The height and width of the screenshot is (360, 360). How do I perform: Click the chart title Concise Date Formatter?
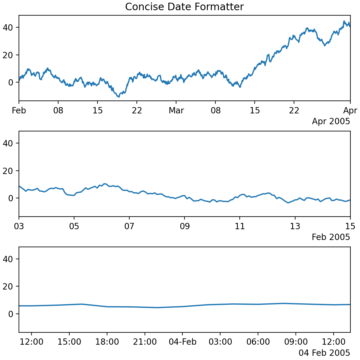[184, 7]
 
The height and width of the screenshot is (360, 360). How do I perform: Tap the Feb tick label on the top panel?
[19, 111]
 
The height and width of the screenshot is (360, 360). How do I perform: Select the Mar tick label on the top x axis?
[176, 111]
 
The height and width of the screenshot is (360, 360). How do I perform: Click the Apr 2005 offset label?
[331, 121]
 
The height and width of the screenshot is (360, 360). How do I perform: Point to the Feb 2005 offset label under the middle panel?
[331, 237]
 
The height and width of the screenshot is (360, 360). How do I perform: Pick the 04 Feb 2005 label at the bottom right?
[324, 353]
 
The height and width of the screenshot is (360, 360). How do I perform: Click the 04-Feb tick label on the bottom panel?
[182, 342]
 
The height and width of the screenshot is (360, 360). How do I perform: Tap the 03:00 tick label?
[220, 342]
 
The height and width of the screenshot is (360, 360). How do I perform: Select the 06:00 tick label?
[258, 342]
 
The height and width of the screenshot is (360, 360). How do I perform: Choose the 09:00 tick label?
[296, 342]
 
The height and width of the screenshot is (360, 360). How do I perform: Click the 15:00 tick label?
[69, 342]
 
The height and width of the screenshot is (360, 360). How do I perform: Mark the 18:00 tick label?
[107, 342]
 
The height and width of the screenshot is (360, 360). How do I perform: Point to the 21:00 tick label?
[145, 342]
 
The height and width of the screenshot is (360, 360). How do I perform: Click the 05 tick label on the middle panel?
[74, 226]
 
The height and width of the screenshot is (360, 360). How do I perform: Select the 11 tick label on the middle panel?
[240, 226]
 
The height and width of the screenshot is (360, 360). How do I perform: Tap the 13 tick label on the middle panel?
[295, 226]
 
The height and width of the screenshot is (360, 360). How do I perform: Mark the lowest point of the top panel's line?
[119, 97]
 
